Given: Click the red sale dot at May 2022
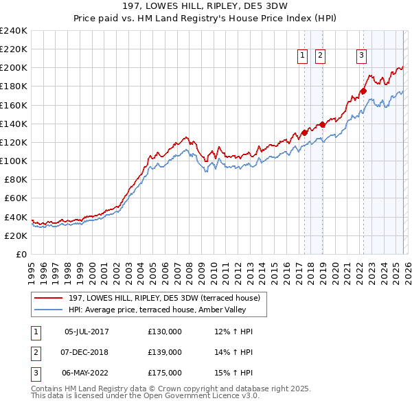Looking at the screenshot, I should [x=364, y=91].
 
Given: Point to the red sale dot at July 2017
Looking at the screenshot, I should [x=304, y=132].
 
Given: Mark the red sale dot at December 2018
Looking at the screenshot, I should [x=321, y=124].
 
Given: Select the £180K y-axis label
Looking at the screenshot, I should [x=13, y=86].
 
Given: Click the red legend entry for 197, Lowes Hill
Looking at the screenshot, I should [x=164, y=298].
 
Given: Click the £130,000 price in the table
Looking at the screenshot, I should [x=165, y=332].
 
